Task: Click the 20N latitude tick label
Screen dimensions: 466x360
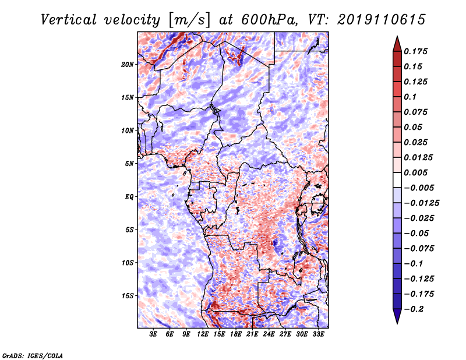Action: [128, 64]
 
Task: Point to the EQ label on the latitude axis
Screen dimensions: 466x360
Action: [129, 196]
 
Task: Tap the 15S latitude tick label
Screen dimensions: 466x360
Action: [128, 295]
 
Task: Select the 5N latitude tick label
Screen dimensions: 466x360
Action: [129, 164]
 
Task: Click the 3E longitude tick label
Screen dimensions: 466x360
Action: [153, 334]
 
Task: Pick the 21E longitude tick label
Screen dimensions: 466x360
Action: [252, 334]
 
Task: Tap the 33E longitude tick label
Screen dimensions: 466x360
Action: [318, 334]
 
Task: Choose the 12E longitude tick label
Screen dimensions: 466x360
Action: [203, 334]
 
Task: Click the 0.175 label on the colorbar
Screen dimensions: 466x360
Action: [415, 51]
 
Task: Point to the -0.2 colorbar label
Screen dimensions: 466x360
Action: [414, 309]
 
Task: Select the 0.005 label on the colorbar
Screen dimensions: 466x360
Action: [415, 172]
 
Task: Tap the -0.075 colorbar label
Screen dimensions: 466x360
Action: [419, 249]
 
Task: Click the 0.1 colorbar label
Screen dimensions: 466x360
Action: [410, 97]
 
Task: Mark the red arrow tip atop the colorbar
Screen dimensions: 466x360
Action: [397, 37]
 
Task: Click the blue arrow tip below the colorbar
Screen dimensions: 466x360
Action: [397, 323]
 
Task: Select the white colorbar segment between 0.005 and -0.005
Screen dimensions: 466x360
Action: [397, 180]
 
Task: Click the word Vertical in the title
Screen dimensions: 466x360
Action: [69, 20]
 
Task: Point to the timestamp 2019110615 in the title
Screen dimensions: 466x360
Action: [382, 20]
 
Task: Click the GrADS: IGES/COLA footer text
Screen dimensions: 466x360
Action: [33, 355]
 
